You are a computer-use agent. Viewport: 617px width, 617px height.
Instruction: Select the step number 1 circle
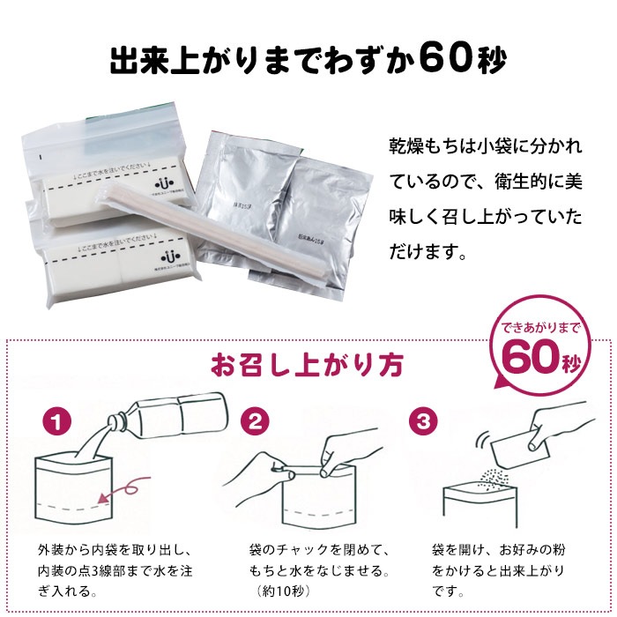59,421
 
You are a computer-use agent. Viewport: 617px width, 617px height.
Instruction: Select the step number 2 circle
255,421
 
